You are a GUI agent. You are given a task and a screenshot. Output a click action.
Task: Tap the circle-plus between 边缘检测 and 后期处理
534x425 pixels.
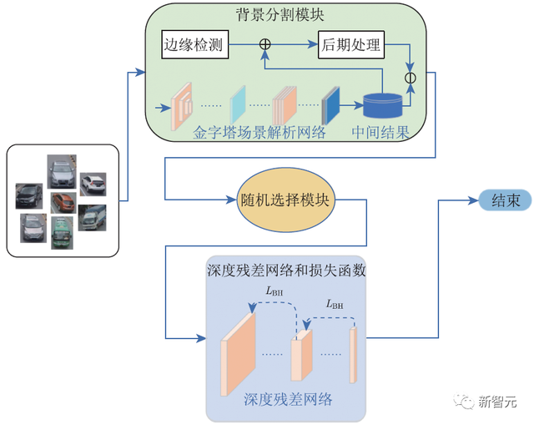tap(265, 43)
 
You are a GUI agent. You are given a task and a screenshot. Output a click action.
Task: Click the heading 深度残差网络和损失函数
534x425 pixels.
tap(285, 270)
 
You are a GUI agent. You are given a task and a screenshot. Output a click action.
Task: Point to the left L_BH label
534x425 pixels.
tap(275, 291)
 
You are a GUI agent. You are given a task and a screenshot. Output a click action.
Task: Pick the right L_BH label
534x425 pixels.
tap(335, 304)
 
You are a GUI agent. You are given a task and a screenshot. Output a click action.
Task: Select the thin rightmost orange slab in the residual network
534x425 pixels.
tap(354, 352)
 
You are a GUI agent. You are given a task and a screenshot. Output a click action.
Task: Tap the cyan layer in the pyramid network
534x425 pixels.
tap(238, 105)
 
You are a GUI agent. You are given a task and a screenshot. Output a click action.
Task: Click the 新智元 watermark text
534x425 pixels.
tap(497, 402)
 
